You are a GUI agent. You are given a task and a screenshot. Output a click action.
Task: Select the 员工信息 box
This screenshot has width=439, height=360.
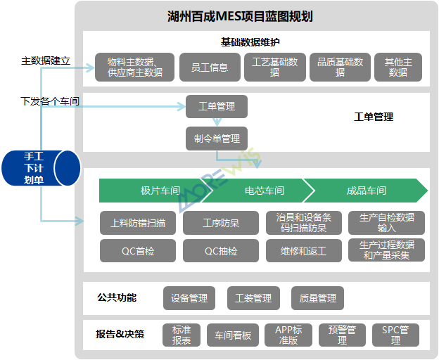210,67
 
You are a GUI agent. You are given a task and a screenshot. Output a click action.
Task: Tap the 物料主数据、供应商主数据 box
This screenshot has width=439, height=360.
134,67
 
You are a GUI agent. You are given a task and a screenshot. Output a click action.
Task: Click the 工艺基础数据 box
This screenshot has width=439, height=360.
275,67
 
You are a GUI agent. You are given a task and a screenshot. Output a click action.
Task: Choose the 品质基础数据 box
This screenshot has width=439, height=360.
341,67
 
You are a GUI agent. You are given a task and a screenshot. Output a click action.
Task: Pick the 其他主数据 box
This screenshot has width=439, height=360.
398,67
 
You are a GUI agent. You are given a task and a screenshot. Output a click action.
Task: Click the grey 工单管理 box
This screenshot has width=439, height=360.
217,107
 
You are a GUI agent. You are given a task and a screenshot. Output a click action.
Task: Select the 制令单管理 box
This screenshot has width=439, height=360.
217,139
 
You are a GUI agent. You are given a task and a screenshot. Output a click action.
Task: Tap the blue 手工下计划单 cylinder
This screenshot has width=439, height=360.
39,168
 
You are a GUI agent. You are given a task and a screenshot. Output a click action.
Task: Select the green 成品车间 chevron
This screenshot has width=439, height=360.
367,191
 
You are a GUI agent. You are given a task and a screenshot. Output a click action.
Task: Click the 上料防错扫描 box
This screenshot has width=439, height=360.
139,223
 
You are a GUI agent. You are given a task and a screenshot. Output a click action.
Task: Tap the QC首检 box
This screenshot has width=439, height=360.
139,251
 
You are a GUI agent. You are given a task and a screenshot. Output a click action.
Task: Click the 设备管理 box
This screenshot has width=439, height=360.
189,298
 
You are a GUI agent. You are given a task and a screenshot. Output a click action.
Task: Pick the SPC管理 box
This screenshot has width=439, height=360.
400,335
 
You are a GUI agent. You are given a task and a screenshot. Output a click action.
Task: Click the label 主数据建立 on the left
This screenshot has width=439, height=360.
46,61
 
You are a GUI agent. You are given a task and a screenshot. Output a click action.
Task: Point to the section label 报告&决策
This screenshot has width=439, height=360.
120,334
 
